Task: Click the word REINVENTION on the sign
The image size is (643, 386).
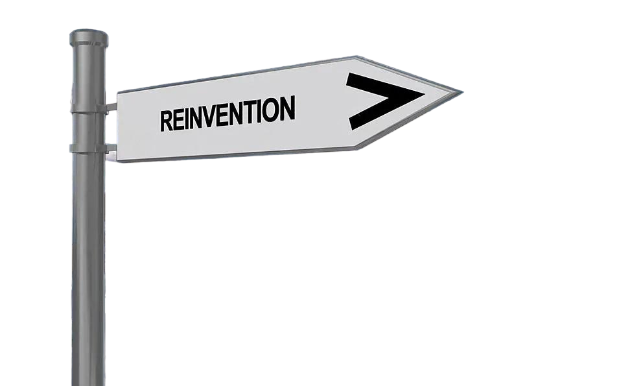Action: (227, 114)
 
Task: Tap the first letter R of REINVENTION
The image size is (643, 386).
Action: (167, 121)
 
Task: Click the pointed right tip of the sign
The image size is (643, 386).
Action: (463, 90)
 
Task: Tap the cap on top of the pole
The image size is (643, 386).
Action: (89, 34)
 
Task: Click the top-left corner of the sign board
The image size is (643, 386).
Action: (117, 90)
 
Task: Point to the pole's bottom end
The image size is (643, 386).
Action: (89, 383)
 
